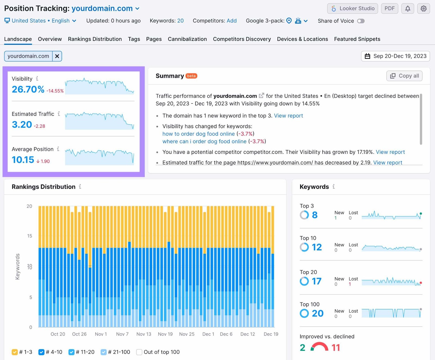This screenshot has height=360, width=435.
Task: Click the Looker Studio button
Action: point(352,8)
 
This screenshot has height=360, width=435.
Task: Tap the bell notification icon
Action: point(408,8)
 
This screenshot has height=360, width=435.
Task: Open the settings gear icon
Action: point(423,8)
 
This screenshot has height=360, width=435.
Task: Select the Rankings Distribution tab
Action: point(95,39)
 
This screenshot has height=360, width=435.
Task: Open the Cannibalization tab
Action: point(187,39)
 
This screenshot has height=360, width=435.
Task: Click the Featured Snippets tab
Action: point(357,39)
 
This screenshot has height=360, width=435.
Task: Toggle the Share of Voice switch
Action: point(361,21)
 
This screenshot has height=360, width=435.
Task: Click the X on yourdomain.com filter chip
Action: point(57,56)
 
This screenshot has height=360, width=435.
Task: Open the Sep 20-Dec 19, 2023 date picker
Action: point(395,56)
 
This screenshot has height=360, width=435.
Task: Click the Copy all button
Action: point(404,76)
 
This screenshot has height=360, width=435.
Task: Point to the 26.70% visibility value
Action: point(28,89)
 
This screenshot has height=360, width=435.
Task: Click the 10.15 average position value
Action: point(23,160)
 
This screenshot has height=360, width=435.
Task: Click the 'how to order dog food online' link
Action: point(198,134)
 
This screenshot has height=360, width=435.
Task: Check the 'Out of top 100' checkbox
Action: point(139,352)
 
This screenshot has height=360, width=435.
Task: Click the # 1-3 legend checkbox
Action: point(15,352)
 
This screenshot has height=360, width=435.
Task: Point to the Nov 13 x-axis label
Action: point(144,334)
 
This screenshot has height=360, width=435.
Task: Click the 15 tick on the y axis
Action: point(30,236)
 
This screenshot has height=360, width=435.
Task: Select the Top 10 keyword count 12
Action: point(316,247)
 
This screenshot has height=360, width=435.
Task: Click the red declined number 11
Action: point(335,347)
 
